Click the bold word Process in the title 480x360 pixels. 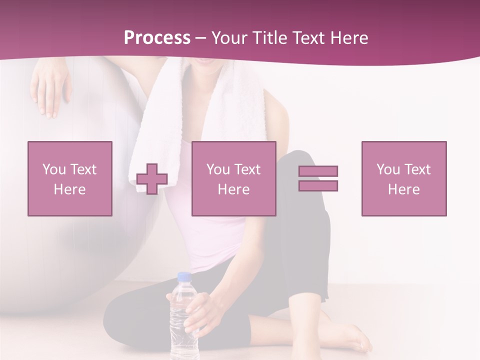[x=157, y=38]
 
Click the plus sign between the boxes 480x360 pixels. [x=152, y=179]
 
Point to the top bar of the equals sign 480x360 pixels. [x=318, y=171]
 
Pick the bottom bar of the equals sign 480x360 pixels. [x=318, y=186]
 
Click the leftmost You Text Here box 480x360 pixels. [x=70, y=178]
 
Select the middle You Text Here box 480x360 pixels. [x=234, y=178]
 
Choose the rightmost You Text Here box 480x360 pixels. [x=404, y=178]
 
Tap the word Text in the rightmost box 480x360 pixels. [x=418, y=169]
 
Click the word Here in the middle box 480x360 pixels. [x=234, y=189]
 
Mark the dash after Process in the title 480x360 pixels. [x=201, y=38]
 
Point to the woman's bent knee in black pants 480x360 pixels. [x=300, y=165]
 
